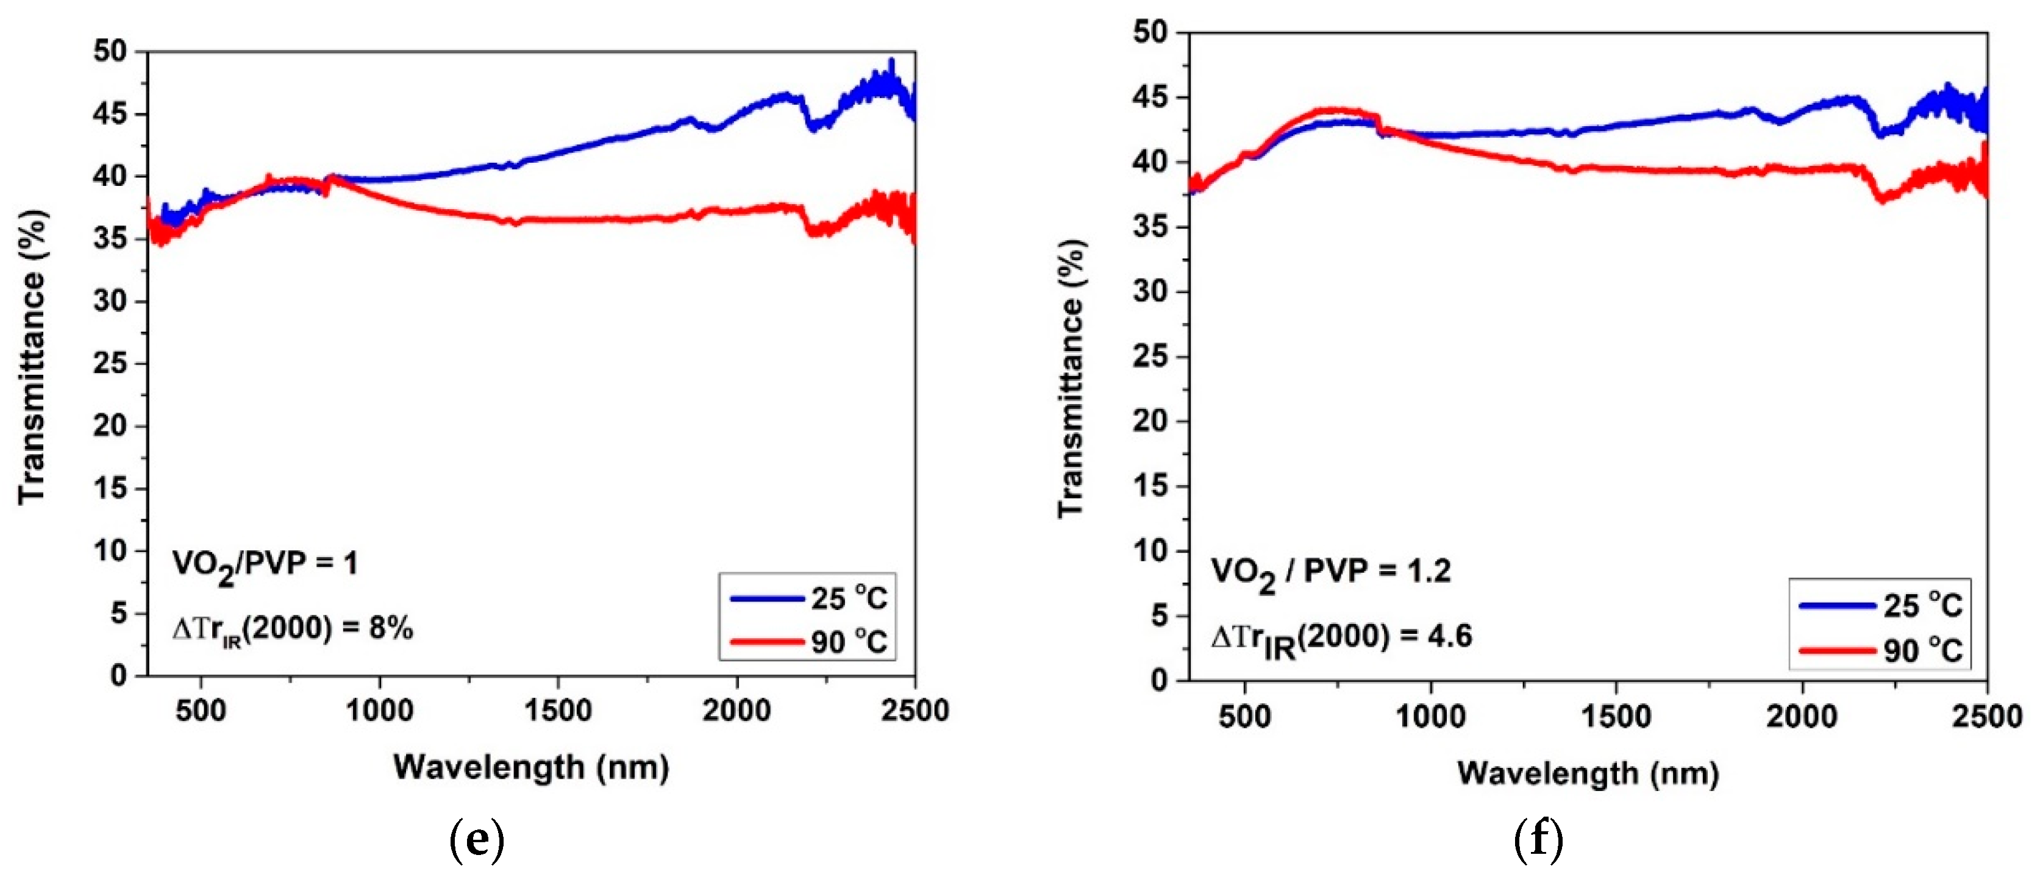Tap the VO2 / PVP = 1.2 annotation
(1330, 573)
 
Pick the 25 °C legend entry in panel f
(1881, 606)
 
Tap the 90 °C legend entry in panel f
(1881, 650)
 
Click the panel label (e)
(476, 840)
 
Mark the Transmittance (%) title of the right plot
(1071, 378)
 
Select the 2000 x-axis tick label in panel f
(1802, 716)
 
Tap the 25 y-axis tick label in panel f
(1149, 356)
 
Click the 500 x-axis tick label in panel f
(1245, 716)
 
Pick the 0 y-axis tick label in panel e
(118, 675)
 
